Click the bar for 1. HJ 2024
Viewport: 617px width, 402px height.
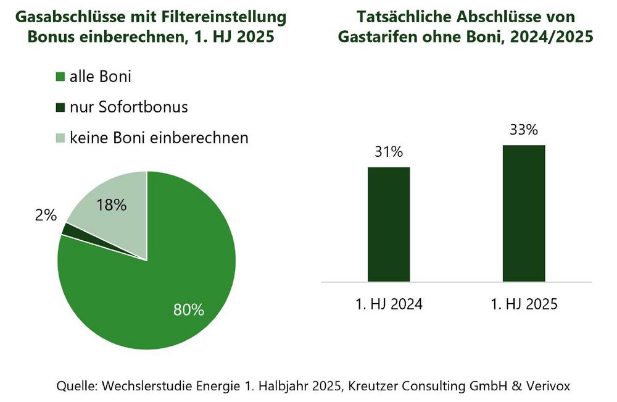(x=389, y=224)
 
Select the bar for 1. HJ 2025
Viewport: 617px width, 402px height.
(x=524, y=213)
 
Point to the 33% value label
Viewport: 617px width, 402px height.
(x=524, y=131)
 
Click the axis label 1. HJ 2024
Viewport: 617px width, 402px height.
(x=389, y=304)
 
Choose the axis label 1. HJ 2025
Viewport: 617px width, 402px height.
(x=524, y=304)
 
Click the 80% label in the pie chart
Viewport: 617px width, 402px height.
(x=188, y=310)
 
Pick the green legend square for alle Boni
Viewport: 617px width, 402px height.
(x=60, y=78)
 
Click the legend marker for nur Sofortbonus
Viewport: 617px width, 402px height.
(x=60, y=108)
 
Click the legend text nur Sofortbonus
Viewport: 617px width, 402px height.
(x=128, y=107)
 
